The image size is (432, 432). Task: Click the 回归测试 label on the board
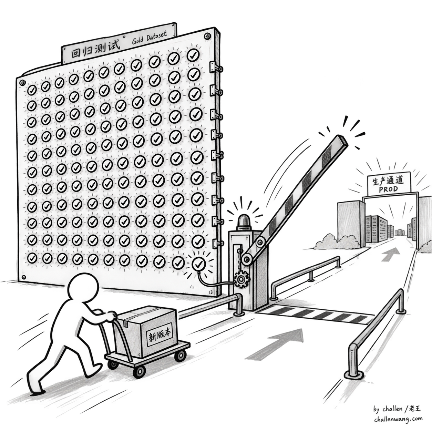[95, 51]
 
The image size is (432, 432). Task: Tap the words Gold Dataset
[149, 38]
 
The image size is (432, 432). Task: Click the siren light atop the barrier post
[245, 222]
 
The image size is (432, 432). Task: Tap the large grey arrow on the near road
[277, 346]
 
